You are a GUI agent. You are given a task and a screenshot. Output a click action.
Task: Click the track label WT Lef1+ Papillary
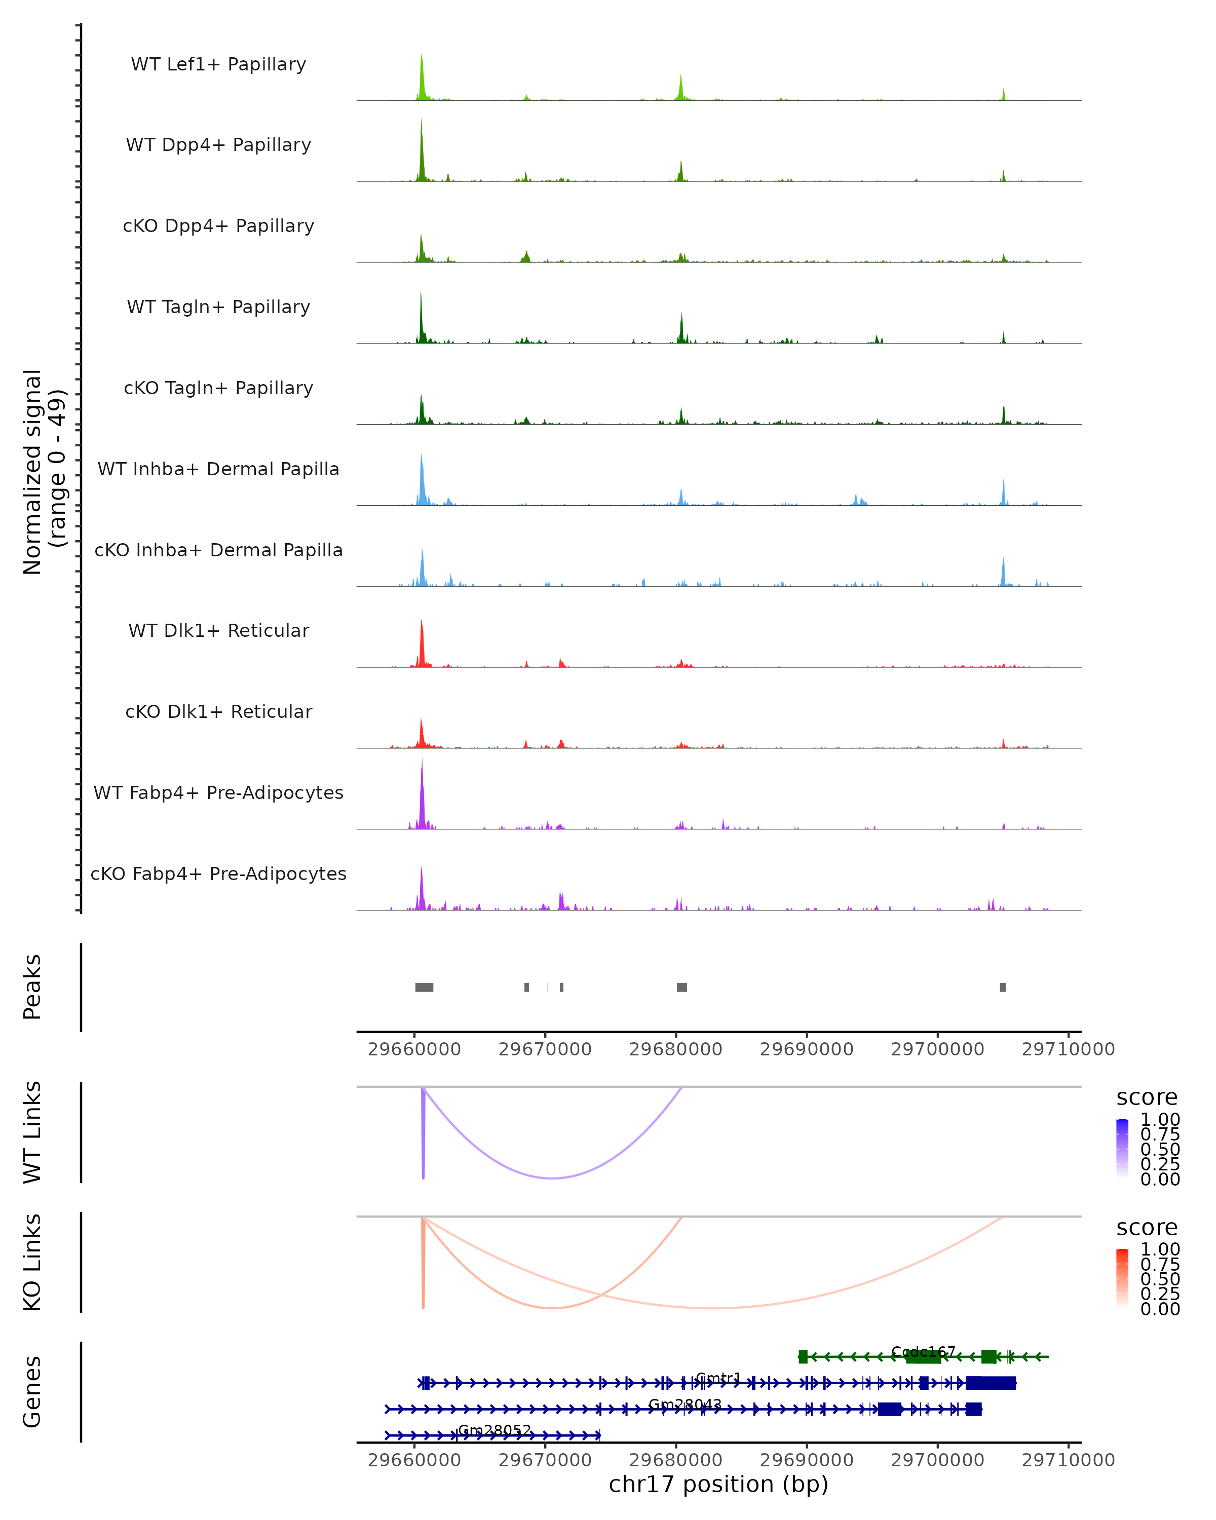(218, 64)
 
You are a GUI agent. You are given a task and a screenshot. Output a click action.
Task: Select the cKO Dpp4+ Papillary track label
(218, 225)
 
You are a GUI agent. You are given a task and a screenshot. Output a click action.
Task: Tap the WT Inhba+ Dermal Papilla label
(218, 469)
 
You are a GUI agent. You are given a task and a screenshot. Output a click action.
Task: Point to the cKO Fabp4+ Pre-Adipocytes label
(218, 873)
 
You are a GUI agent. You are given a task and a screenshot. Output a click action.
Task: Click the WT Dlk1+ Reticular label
(218, 630)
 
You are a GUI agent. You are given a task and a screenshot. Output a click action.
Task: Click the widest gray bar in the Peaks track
(425, 987)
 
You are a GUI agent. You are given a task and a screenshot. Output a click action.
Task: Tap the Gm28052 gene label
(494, 1430)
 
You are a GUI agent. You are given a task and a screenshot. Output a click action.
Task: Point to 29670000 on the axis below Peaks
(545, 1049)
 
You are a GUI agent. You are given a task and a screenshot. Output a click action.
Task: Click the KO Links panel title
(32, 1263)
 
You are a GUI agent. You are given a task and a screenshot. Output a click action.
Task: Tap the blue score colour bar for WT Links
(1122, 1149)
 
